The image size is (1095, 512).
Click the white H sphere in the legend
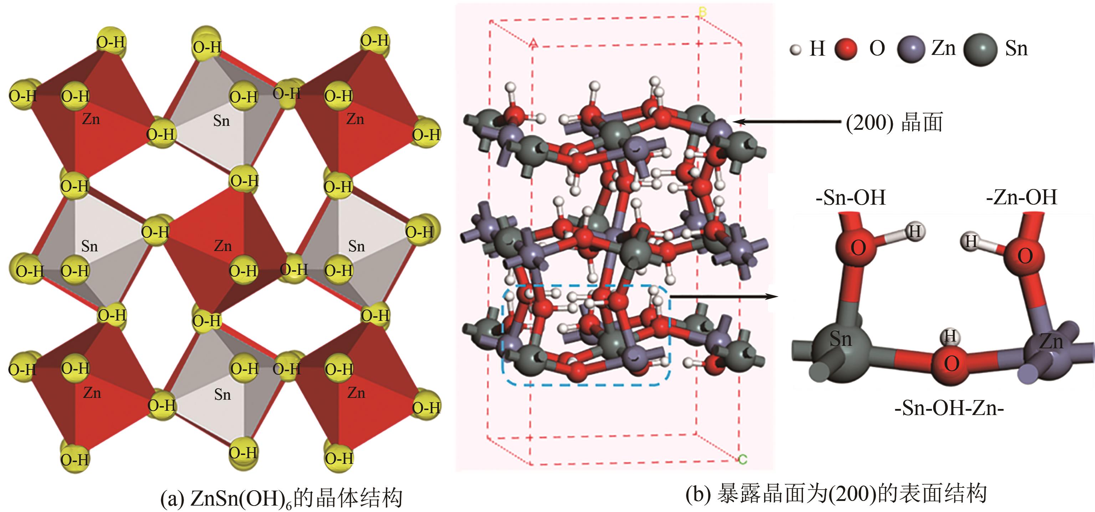(x=795, y=50)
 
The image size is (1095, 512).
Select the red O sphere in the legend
(x=845, y=48)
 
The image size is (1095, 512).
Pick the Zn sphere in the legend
(x=911, y=49)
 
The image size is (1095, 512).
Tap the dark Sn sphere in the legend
(x=980, y=49)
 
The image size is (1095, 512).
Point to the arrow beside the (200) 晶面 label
(x=786, y=122)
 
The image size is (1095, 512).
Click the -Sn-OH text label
(x=850, y=198)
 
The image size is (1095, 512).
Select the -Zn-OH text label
(x=1021, y=197)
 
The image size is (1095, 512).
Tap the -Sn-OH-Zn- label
(x=949, y=408)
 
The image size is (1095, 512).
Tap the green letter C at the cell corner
(x=743, y=459)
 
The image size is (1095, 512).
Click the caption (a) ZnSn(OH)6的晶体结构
(x=281, y=498)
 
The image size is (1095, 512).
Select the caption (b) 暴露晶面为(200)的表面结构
(x=836, y=495)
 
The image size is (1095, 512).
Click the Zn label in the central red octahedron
(x=223, y=246)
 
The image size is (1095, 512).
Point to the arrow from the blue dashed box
(x=723, y=297)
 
